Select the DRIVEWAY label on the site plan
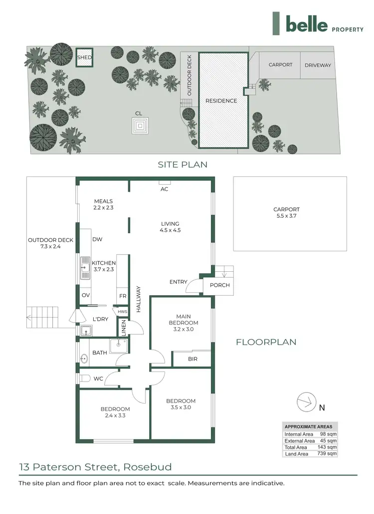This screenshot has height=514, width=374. (318, 65)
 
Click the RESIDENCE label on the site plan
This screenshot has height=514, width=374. (221, 101)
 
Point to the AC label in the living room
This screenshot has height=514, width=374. (164, 189)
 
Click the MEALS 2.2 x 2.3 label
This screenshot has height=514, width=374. (103, 204)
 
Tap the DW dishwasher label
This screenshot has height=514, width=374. (97, 239)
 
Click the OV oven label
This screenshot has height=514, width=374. (86, 295)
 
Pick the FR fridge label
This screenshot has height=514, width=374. (123, 296)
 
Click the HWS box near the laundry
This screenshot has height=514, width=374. (123, 312)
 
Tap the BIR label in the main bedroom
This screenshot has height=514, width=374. (192, 359)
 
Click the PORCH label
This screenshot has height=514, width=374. (220, 285)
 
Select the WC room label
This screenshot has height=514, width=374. (98, 379)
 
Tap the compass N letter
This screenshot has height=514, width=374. (322, 408)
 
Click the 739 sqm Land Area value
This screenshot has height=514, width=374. (327, 454)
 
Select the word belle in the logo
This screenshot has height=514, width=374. (307, 24)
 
